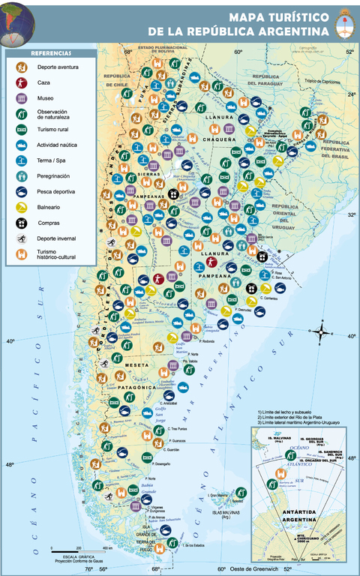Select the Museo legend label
46,98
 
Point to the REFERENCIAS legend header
51,54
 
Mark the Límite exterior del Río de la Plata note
293,418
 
